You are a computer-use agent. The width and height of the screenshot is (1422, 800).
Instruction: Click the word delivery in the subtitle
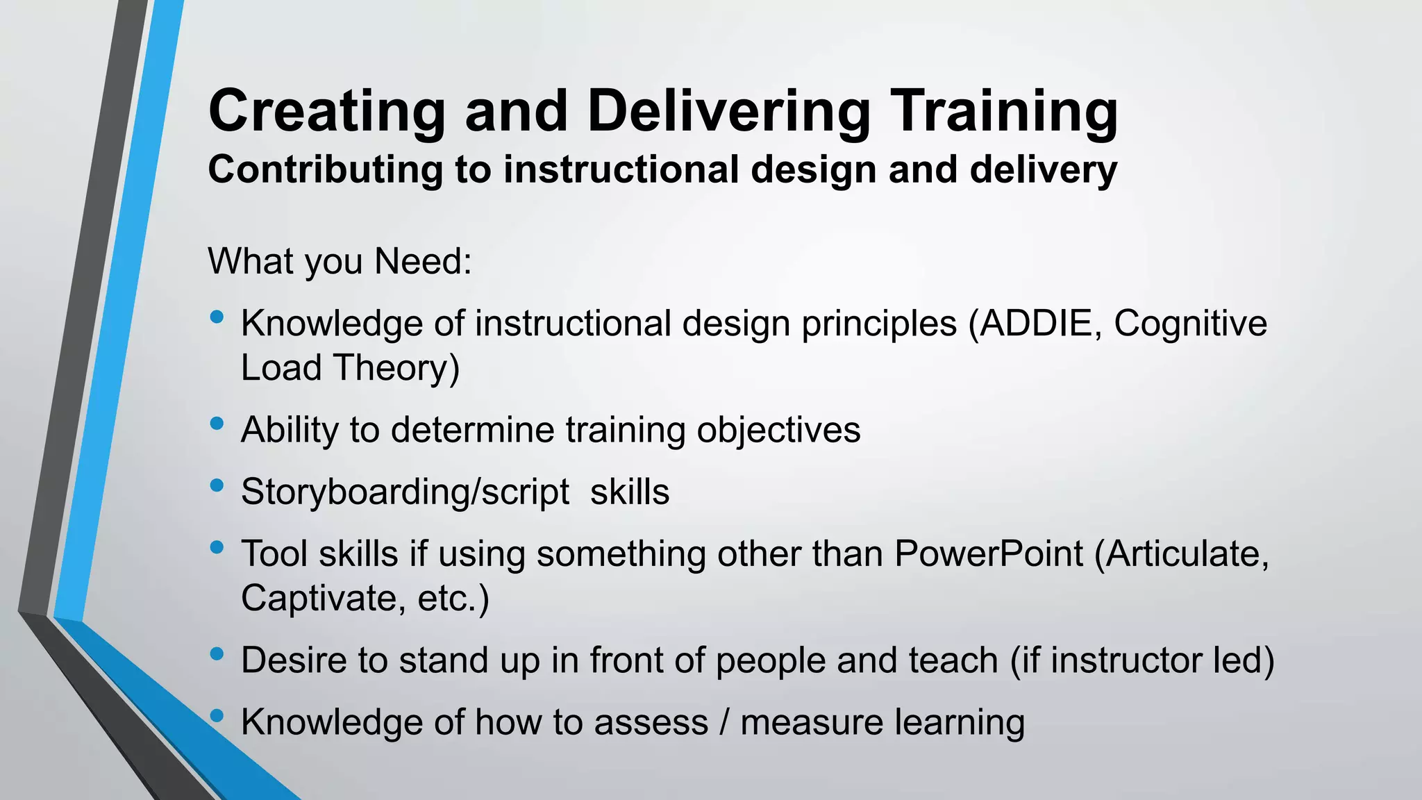coord(1043,170)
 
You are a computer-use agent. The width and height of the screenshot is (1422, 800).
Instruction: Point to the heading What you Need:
coord(340,262)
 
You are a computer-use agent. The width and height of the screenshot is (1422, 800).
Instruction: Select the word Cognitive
coord(1190,324)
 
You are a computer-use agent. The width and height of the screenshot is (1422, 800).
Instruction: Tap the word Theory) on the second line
coord(396,368)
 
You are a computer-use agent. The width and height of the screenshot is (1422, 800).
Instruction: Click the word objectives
coord(778,430)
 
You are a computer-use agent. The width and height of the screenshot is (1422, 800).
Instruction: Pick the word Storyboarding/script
coord(405,492)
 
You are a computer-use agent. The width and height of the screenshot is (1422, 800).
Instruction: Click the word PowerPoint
coord(988,554)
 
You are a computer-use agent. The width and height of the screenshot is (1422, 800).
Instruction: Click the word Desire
coord(294,660)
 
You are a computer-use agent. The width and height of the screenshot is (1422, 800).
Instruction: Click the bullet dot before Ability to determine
coord(217,423)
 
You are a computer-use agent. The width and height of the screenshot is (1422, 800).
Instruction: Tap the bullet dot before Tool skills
coord(217,547)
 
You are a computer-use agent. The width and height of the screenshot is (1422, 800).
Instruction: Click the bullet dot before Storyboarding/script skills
coord(217,485)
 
